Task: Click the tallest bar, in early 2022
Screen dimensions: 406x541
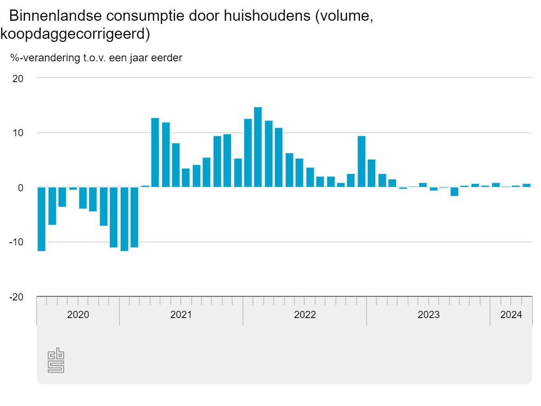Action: click(x=258, y=147)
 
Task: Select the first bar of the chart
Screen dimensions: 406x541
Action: click(x=41, y=219)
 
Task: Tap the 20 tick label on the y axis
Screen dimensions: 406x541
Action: click(x=18, y=78)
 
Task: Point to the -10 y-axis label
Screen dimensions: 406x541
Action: click(x=16, y=242)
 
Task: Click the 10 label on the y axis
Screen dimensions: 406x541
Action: click(x=18, y=133)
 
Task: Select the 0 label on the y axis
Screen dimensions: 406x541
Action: click(x=20, y=188)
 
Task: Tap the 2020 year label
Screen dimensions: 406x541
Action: click(x=78, y=315)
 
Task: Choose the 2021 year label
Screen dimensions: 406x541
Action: click(x=181, y=315)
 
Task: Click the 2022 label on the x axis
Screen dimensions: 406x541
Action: click(x=305, y=315)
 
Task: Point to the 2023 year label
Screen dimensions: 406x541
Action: click(x=428, y=315)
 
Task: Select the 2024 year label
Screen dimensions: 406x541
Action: click(x=511, y=315)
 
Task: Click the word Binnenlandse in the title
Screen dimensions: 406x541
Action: click(x=55, y=16)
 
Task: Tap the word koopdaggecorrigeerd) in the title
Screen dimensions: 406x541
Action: click(x=75, y=34)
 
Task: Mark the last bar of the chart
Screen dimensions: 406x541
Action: click(x=527, y=185)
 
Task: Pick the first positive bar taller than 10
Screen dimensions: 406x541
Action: click(x=155, y=152)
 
